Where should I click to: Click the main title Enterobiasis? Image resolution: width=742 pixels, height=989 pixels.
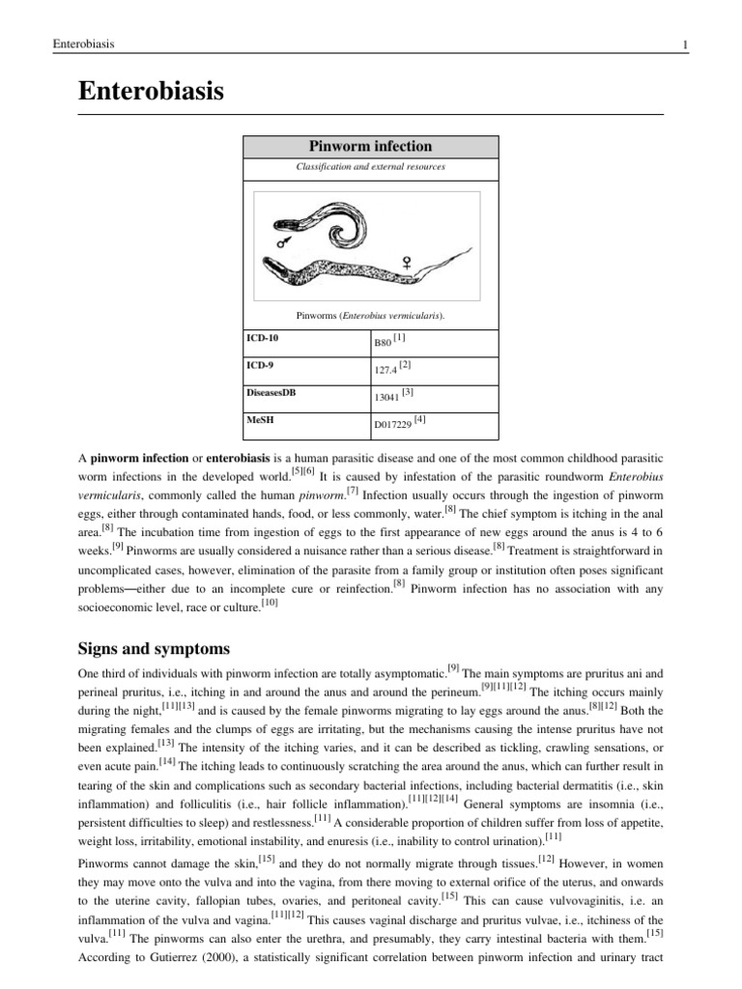151,92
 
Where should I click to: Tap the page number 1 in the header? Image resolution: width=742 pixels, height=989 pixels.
684,44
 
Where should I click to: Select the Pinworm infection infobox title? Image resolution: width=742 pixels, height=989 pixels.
370,147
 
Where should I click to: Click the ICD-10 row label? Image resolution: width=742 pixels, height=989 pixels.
263,339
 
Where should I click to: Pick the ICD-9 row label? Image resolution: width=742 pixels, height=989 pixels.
260,366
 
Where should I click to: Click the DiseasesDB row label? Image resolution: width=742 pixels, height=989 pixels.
271,393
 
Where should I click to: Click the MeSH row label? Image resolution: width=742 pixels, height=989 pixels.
260,420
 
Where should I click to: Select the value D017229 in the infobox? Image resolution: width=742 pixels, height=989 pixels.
393,424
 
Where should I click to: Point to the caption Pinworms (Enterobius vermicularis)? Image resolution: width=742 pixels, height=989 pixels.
370,315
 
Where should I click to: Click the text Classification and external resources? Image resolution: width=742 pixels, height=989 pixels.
370,167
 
